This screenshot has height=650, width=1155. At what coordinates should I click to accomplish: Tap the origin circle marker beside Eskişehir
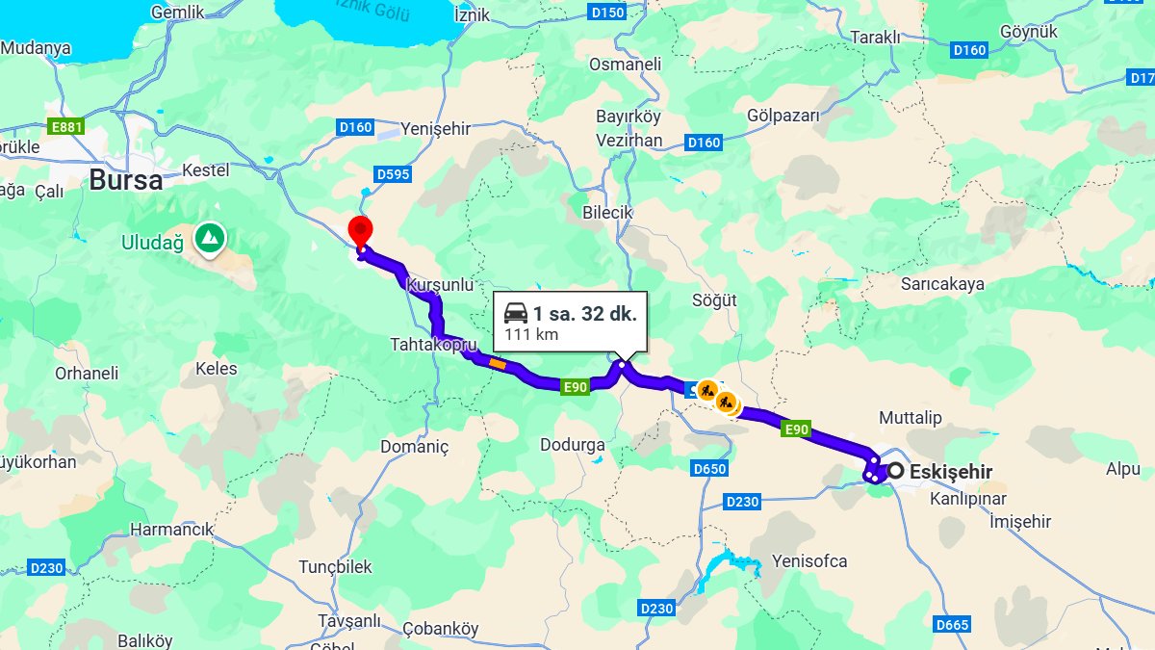(895, 471)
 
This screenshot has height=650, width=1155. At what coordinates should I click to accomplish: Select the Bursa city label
(126, 180)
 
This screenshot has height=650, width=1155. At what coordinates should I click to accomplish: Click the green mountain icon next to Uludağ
(209, 236)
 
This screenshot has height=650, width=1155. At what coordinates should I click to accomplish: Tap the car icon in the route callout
(516, 313)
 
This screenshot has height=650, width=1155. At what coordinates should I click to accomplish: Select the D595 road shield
(393, 174)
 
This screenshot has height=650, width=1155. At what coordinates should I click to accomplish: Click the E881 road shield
(66, 126)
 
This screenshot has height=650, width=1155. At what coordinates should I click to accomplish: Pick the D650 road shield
(709, 469)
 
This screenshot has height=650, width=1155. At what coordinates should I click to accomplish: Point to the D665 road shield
(951, 625)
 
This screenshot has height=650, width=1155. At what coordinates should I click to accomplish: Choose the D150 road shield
(607, 12)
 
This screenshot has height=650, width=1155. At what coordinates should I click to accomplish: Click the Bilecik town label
(607, 212)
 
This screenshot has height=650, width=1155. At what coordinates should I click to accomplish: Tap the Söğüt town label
(714, 300)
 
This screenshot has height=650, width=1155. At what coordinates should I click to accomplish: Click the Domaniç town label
(414, 447)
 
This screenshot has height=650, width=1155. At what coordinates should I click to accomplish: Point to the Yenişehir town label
(436, 129)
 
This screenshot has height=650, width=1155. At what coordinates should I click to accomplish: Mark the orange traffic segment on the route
(498, 363)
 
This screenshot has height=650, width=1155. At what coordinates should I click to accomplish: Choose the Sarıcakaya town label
(942, 284)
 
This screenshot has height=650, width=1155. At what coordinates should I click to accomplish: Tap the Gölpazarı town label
(783, 117)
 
